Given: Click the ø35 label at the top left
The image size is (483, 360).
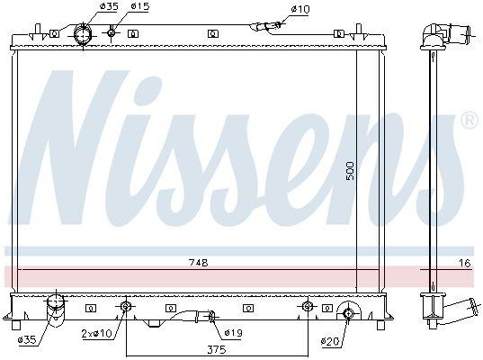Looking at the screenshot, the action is [x=110, y=6].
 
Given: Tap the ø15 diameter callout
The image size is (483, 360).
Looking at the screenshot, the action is [x=140, y=6].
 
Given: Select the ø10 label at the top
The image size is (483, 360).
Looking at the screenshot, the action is [x=300, y=10].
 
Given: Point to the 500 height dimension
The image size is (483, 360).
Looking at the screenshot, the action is [x=350, y=171].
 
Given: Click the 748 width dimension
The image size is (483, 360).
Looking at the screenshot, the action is [x=199, y=263].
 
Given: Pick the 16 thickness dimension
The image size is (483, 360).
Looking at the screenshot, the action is [x=465, y=263].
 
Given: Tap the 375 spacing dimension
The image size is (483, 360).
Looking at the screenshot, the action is [x=217, y=349].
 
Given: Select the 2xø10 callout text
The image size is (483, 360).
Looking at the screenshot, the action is [x=97, y=333].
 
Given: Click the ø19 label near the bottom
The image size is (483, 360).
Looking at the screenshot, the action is [x=234, y=333].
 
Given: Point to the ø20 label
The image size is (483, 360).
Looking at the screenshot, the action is [x=330, y=341].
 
